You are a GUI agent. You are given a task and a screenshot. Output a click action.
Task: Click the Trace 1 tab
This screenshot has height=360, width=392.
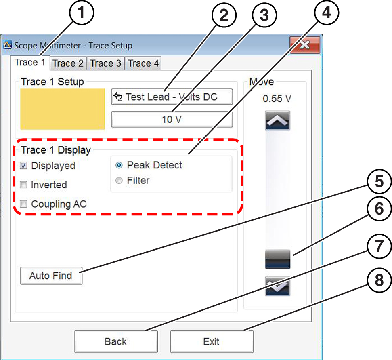pos(30,63)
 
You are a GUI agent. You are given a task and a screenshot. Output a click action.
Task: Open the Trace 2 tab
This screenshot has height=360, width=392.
pos(68,63)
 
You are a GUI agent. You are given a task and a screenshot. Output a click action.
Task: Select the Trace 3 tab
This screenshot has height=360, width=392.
pos(105,63)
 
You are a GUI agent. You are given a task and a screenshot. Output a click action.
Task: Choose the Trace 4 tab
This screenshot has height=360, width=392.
pos(143,63)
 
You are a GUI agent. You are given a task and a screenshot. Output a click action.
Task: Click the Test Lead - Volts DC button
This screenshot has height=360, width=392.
pos(172,97)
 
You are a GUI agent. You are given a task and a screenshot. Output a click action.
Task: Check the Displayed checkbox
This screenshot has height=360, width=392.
pos(23,166)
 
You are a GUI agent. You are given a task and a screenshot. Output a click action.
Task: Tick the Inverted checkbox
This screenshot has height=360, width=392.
pos(23,185)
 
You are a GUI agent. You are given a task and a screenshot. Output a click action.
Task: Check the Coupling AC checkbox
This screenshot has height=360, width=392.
pos(23,204)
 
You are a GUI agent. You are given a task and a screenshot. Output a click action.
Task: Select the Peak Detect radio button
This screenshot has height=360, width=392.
pos(119,165)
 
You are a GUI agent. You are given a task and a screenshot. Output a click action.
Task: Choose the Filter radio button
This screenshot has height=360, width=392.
pos(119,181)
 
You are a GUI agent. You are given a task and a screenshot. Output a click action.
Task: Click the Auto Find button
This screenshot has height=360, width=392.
pos(51,276)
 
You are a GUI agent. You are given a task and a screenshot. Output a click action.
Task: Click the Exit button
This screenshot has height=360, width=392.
pos(212,342)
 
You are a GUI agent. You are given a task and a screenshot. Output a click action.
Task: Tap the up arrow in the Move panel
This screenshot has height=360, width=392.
pos(277,120)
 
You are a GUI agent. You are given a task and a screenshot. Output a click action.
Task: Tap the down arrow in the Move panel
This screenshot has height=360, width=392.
pos(277,286)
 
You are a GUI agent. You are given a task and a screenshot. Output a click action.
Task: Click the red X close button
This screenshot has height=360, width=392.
pos(305,44)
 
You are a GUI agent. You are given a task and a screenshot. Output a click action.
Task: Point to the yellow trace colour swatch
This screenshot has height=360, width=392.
pos(63,109)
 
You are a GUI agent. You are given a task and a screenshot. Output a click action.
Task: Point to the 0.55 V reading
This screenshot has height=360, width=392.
pos(277,99)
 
